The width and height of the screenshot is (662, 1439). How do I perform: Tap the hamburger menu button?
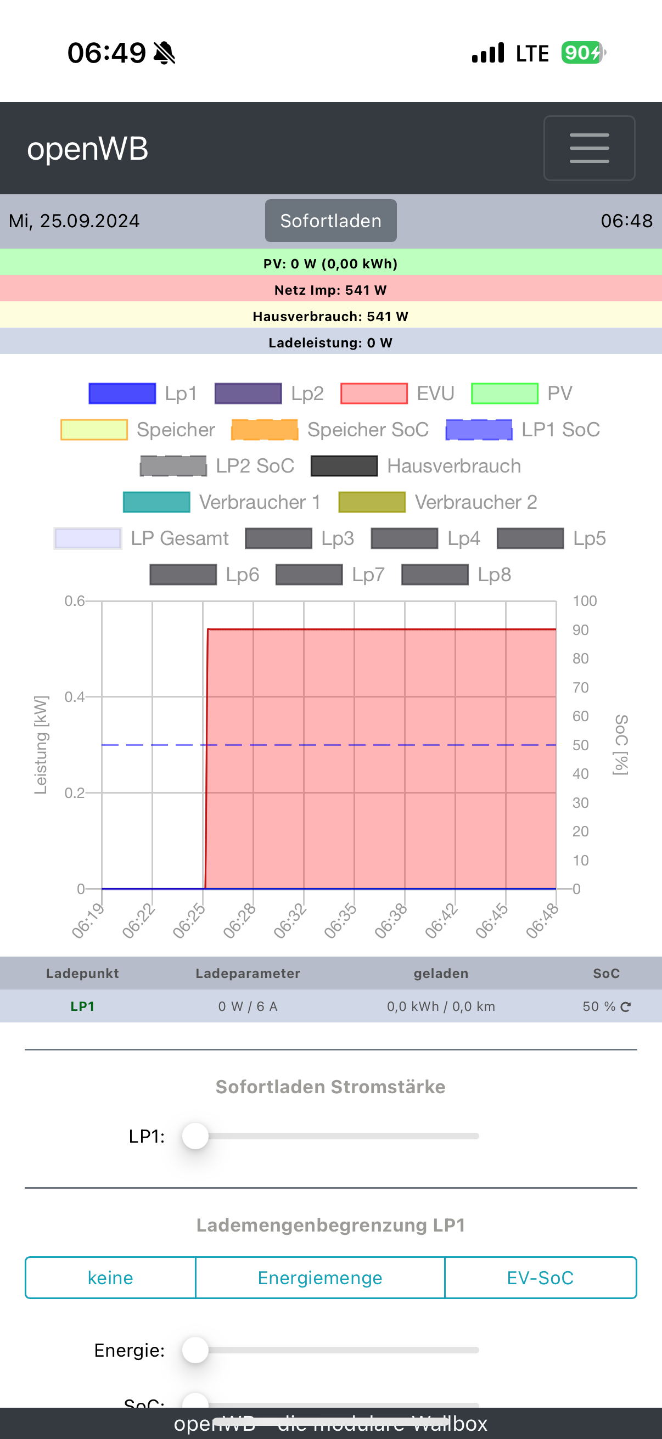(589, 148)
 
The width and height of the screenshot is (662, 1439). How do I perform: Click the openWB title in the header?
(88, 149)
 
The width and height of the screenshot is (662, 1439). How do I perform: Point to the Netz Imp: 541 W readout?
(330, 290)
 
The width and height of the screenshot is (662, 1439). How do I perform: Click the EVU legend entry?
(397, 394)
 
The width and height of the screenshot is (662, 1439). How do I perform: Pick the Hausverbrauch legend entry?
(416, 466)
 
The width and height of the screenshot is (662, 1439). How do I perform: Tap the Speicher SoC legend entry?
(329, 430)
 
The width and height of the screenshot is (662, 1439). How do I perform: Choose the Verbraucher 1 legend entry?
(222, 502)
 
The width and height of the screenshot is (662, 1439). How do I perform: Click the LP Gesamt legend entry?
(141, 538)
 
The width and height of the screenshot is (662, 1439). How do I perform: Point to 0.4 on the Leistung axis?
(74, 696)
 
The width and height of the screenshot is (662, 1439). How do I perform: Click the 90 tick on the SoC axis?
(580, 630)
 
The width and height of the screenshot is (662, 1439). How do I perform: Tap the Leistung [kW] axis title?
(41, 745)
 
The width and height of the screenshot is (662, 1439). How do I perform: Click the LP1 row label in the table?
(82, 1006)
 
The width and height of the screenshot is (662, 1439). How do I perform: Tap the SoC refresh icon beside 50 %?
(626, 1007)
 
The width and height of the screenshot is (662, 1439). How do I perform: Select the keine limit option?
(111, 1278)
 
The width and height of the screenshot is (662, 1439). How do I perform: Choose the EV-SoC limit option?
(540, 1278)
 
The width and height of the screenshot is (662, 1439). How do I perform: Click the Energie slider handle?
(195, 1350)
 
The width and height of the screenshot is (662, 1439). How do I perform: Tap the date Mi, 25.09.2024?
(74, 221)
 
